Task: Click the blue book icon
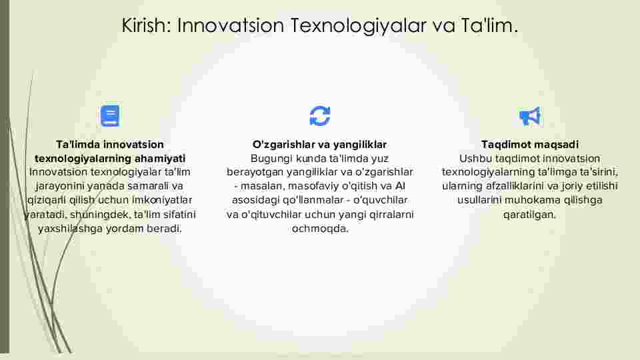110,116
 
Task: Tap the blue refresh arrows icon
319,116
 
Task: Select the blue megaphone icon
529,116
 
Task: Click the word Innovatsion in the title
230,25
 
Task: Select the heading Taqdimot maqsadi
530,145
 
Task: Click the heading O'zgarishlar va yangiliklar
319,145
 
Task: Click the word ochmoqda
320,229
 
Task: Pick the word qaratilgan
529,214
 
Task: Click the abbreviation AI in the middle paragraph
400,186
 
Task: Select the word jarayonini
59,186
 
